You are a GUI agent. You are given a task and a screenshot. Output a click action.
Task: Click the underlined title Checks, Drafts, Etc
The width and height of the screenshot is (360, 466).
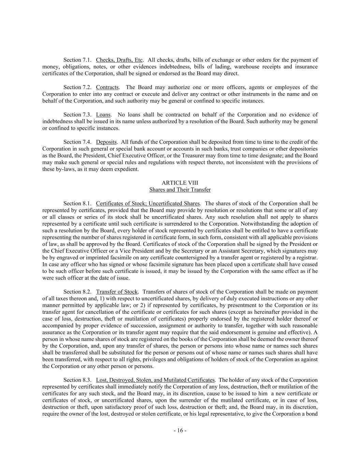point(119,60)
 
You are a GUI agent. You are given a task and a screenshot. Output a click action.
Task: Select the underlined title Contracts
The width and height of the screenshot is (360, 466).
point(107,87)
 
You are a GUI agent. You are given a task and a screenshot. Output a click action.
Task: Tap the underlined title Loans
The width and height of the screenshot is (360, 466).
point(103,115)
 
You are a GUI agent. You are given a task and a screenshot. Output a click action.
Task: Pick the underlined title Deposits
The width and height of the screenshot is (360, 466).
point(106,142)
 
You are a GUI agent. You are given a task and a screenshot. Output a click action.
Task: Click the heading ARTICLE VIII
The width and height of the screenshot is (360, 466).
point(180,183)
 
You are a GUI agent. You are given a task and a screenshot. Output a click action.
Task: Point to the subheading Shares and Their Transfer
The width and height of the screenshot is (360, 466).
point(180,189)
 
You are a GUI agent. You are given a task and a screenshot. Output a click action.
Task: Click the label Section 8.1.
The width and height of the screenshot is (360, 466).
point(77,203)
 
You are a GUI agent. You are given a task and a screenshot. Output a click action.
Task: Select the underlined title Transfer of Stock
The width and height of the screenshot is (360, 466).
point(117,292)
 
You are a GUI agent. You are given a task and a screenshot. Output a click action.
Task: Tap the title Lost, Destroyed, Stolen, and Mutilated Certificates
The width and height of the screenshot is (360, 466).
point(155,380)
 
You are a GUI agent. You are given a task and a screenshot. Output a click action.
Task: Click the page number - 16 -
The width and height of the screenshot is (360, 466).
point(180,430)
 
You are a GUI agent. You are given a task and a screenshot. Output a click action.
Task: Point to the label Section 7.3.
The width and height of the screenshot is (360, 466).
point(77,115)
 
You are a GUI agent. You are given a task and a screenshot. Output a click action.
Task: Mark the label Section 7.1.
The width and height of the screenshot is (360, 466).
point(77,60)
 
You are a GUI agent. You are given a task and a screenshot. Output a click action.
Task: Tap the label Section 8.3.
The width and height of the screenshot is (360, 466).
point(77,380)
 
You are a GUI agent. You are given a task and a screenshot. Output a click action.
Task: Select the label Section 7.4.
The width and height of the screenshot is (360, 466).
point(77,142)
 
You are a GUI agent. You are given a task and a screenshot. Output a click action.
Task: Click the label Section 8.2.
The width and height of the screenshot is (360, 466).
point(77,292)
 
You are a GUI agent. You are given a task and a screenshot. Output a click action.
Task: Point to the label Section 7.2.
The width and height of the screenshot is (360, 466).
point(77,87)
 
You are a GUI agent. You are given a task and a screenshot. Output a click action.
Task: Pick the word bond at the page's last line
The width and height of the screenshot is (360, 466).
point(312,414)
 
